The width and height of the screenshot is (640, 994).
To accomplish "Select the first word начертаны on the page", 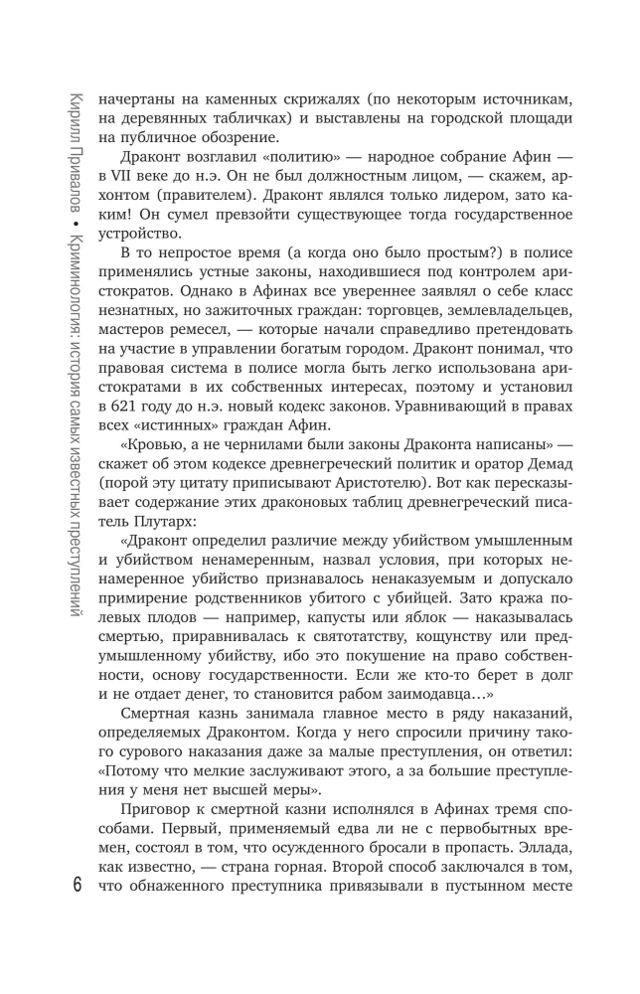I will (133, 99).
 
